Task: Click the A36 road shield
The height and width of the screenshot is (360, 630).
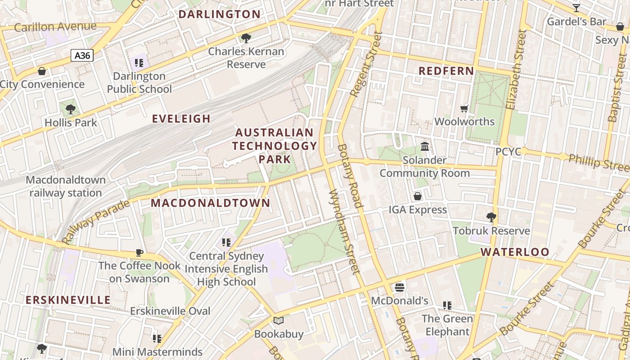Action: (x=82, y=56)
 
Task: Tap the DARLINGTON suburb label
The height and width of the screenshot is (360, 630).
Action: (x=219, y=14)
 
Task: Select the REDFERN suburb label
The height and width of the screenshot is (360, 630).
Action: (x=446, y=71)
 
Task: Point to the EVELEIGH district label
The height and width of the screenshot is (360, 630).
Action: (x=181, y=119)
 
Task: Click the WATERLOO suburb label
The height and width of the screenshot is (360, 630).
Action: (x=515, y=252)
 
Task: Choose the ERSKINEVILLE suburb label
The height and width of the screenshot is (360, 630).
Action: (x=68, y=300)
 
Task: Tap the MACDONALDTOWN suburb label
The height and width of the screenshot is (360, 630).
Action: (x=210, y=203)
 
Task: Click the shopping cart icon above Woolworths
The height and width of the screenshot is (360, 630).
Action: (x=464, y=108)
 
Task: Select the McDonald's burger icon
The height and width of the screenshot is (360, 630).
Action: (x=399, y=287)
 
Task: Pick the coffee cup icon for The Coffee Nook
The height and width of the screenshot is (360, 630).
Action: (x=139, y=252)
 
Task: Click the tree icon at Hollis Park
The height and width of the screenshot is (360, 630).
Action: (x=70, y=109)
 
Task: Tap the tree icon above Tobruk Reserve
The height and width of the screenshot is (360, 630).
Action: (x=491, y=217)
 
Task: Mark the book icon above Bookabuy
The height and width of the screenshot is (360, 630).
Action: (x=279, y=321)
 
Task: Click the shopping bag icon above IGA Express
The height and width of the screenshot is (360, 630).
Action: (x=418, y=196)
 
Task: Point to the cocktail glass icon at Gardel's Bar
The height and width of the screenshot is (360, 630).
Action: (x=576, y=8)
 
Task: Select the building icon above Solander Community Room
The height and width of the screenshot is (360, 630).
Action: (x=424, y=146)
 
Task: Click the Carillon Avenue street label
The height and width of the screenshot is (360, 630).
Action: (x=55, y=27)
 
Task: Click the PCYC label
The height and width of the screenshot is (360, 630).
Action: (x=508, y=152)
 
